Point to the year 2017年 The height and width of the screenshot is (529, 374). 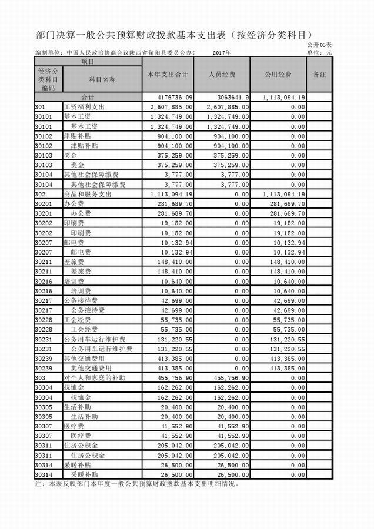[x=222, y=53]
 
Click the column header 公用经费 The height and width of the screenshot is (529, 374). [x=278, y=75]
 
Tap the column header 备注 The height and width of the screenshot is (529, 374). [x=320, y=75]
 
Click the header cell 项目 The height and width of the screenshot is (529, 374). [x=88, y=61]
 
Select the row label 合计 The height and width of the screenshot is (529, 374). [x=88, y=96]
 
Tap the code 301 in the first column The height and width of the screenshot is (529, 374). [x=41, y=107]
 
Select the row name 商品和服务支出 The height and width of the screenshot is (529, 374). [x=88, y=193]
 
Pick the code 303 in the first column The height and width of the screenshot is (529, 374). [x=41, y=376]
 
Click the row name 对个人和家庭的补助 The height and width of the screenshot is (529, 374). [x=94, y=376]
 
